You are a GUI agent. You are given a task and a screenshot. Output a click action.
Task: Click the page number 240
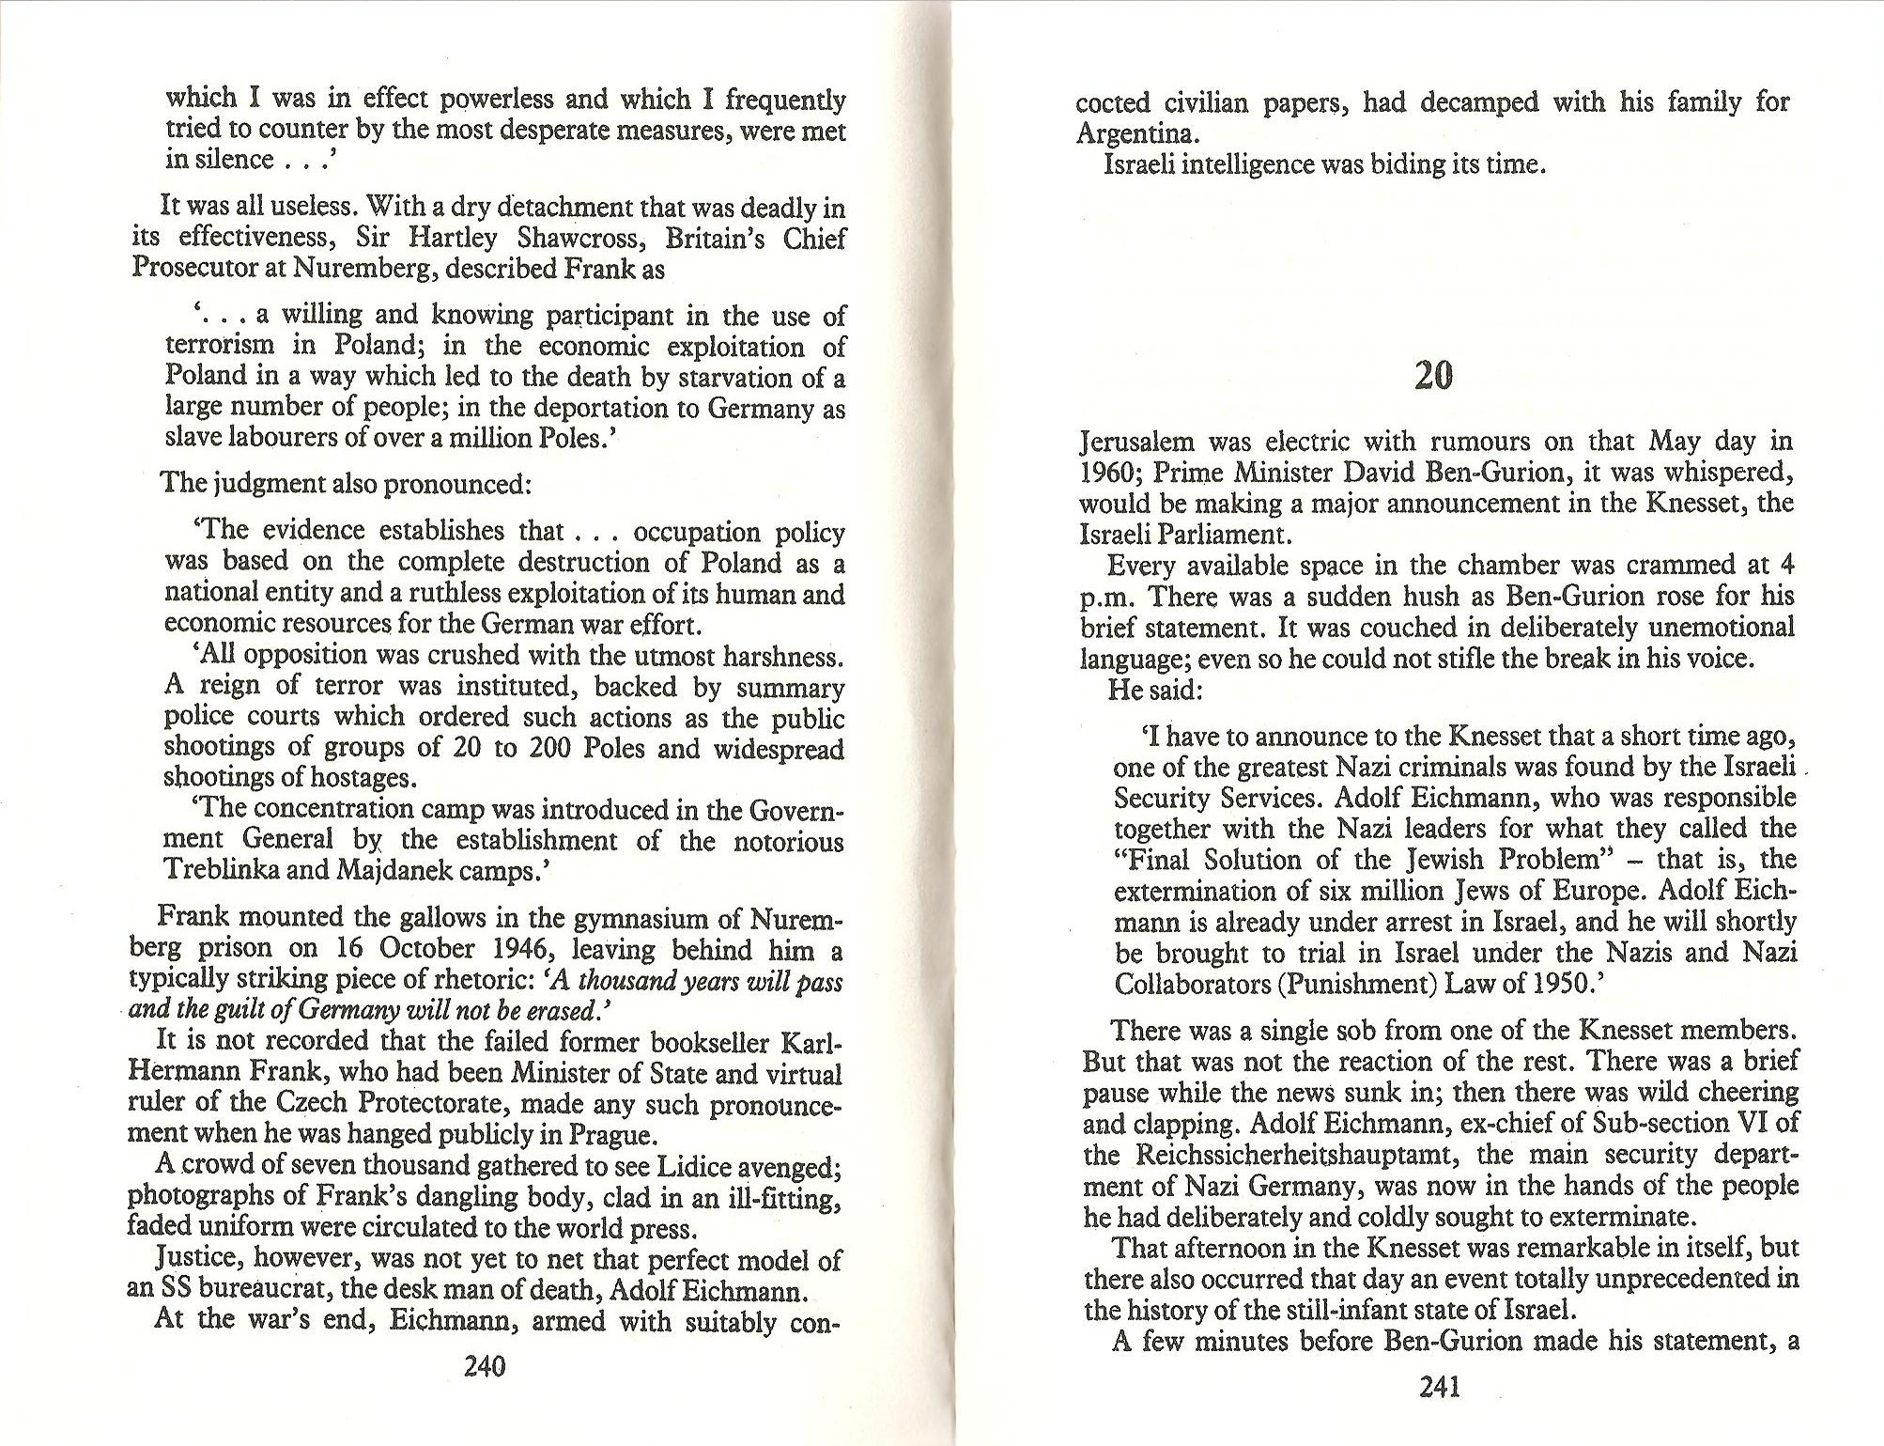486,1366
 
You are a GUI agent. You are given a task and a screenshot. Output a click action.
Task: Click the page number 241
1440,1386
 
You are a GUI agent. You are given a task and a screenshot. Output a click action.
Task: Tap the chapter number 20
1433,376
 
